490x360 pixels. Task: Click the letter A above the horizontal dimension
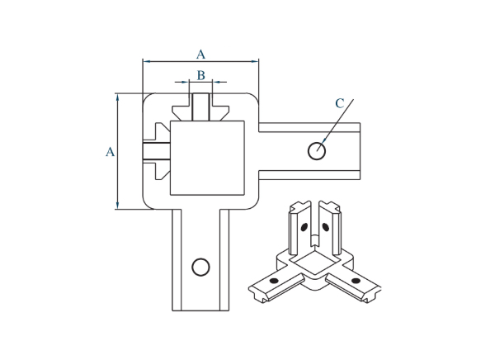pyautogui.click(x=200, y=54)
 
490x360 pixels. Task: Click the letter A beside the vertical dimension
pyautogui.click(x=110, y=152)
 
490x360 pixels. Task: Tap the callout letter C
pyautogui.click(x=339, y=104)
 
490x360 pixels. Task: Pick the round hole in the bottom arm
pyautogui.click(x=199, y=266)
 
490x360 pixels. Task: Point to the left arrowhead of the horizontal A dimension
pyautogui.click(x=147, y=61)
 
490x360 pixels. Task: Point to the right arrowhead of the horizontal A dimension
pyautogui.click(x=255, y=61)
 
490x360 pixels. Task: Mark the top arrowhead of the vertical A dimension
pyautogui.click(x=118, y=97)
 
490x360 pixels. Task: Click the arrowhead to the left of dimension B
pyautogui.click(x=185, y=82)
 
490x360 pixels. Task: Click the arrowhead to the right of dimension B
pyautogui.click(x=216, y=82)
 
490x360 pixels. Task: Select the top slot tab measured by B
pyautogui.click(x=200, y=107)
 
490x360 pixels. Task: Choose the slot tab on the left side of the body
pyautogui.click(x=155, y=150)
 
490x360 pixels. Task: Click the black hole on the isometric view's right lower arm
pyautogui.click(x=356, y=281)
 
